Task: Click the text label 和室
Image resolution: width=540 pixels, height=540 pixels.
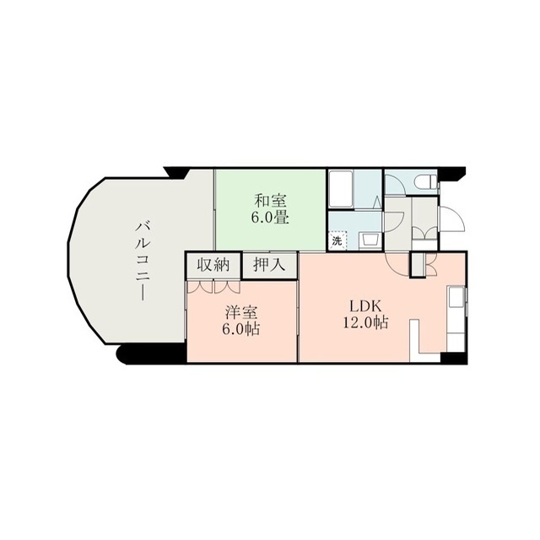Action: pyautogui.click(x=270, y=201)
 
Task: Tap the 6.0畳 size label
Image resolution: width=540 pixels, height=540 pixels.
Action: pyautogui.click(x=270, y=218)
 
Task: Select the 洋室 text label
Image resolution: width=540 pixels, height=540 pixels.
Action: pyautogui.click(x=241, y=313)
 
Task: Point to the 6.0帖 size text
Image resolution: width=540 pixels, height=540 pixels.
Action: pyautogui.click(x=240, y=330)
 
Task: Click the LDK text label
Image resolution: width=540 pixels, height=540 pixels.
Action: pyautogui.click(x=365, y=305)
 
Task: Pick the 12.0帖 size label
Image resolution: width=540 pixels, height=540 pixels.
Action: pyautogui.click(x=365, y=322)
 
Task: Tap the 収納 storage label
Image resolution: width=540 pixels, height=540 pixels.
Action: pyautogui.click(x=213, y=265)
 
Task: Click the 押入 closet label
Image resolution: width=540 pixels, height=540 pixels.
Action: pyautogui.click(x=269, y=265)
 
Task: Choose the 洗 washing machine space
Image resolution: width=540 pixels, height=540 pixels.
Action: pyautogui.click(x=337, y=240)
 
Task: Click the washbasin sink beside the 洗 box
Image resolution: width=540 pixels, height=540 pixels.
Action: pyautogui.click(x=370, y=240)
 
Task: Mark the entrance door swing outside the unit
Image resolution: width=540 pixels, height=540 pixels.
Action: pyautogui.click(x=452, y=219)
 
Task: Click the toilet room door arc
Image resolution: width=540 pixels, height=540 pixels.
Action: pyautogui.click(x=395, y=186)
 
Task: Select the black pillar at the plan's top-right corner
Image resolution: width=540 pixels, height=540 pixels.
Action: pyautogui.click(x=452, y=174)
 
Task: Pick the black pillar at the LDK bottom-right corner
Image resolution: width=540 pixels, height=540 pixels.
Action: pyautogui.click(x=454, y=358)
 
